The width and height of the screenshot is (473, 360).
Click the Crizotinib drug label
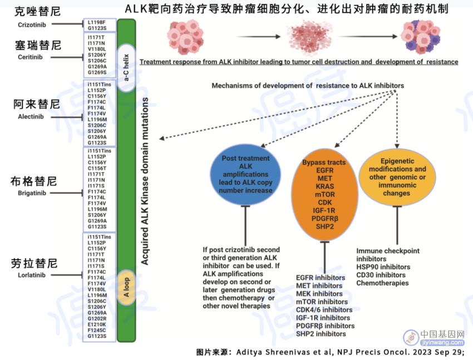32,24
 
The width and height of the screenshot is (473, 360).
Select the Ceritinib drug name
30,57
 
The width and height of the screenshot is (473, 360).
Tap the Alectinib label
31,116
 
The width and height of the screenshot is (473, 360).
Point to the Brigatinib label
32,193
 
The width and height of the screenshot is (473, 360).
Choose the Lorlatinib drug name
32,275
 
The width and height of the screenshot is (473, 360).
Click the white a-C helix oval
126,67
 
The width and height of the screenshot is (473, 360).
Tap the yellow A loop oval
126,287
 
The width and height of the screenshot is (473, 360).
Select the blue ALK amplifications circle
245,174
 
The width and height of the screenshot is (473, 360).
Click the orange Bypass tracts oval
324,195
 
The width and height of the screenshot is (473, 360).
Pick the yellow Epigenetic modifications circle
397,177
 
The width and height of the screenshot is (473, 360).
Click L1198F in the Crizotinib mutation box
96,22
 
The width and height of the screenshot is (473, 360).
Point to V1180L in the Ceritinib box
97,49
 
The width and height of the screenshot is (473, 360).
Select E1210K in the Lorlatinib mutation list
97,324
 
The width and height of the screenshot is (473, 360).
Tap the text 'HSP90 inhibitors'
383,267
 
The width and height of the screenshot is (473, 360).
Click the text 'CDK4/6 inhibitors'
324,310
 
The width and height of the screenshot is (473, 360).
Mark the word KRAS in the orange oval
324,186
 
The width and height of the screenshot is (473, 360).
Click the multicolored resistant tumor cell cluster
421,36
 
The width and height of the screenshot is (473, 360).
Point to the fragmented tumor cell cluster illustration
309,37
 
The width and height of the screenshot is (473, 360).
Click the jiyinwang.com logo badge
434,337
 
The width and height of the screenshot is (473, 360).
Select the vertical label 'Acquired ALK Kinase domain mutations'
145,181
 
